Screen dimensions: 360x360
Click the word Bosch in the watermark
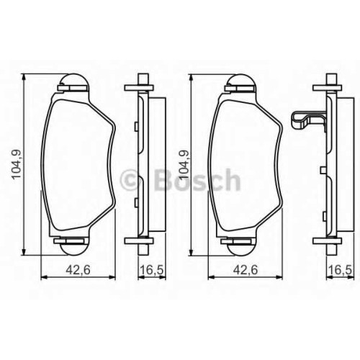coord(197,179)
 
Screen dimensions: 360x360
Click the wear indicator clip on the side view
coord(308,121)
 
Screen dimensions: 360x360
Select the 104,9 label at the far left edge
coord(17,165)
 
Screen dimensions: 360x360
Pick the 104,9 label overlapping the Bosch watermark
coord(184,165)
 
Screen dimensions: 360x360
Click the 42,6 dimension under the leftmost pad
coord(78,270)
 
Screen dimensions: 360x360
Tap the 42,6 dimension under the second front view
coord(245,270)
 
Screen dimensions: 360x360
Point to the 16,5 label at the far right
coord(340,270)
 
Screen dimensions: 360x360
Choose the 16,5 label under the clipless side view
coord(152,270)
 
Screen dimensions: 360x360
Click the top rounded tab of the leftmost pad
coord(74,79)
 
